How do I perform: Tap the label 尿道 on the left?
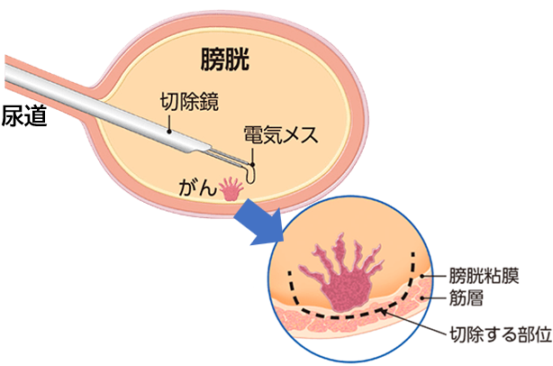[x=23, y=116]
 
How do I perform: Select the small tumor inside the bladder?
[x=231, y=188]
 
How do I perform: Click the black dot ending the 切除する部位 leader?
[x=386, y=312]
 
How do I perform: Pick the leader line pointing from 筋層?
[x=432, y=297]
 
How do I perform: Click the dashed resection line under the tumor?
[x=351, y=316]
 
